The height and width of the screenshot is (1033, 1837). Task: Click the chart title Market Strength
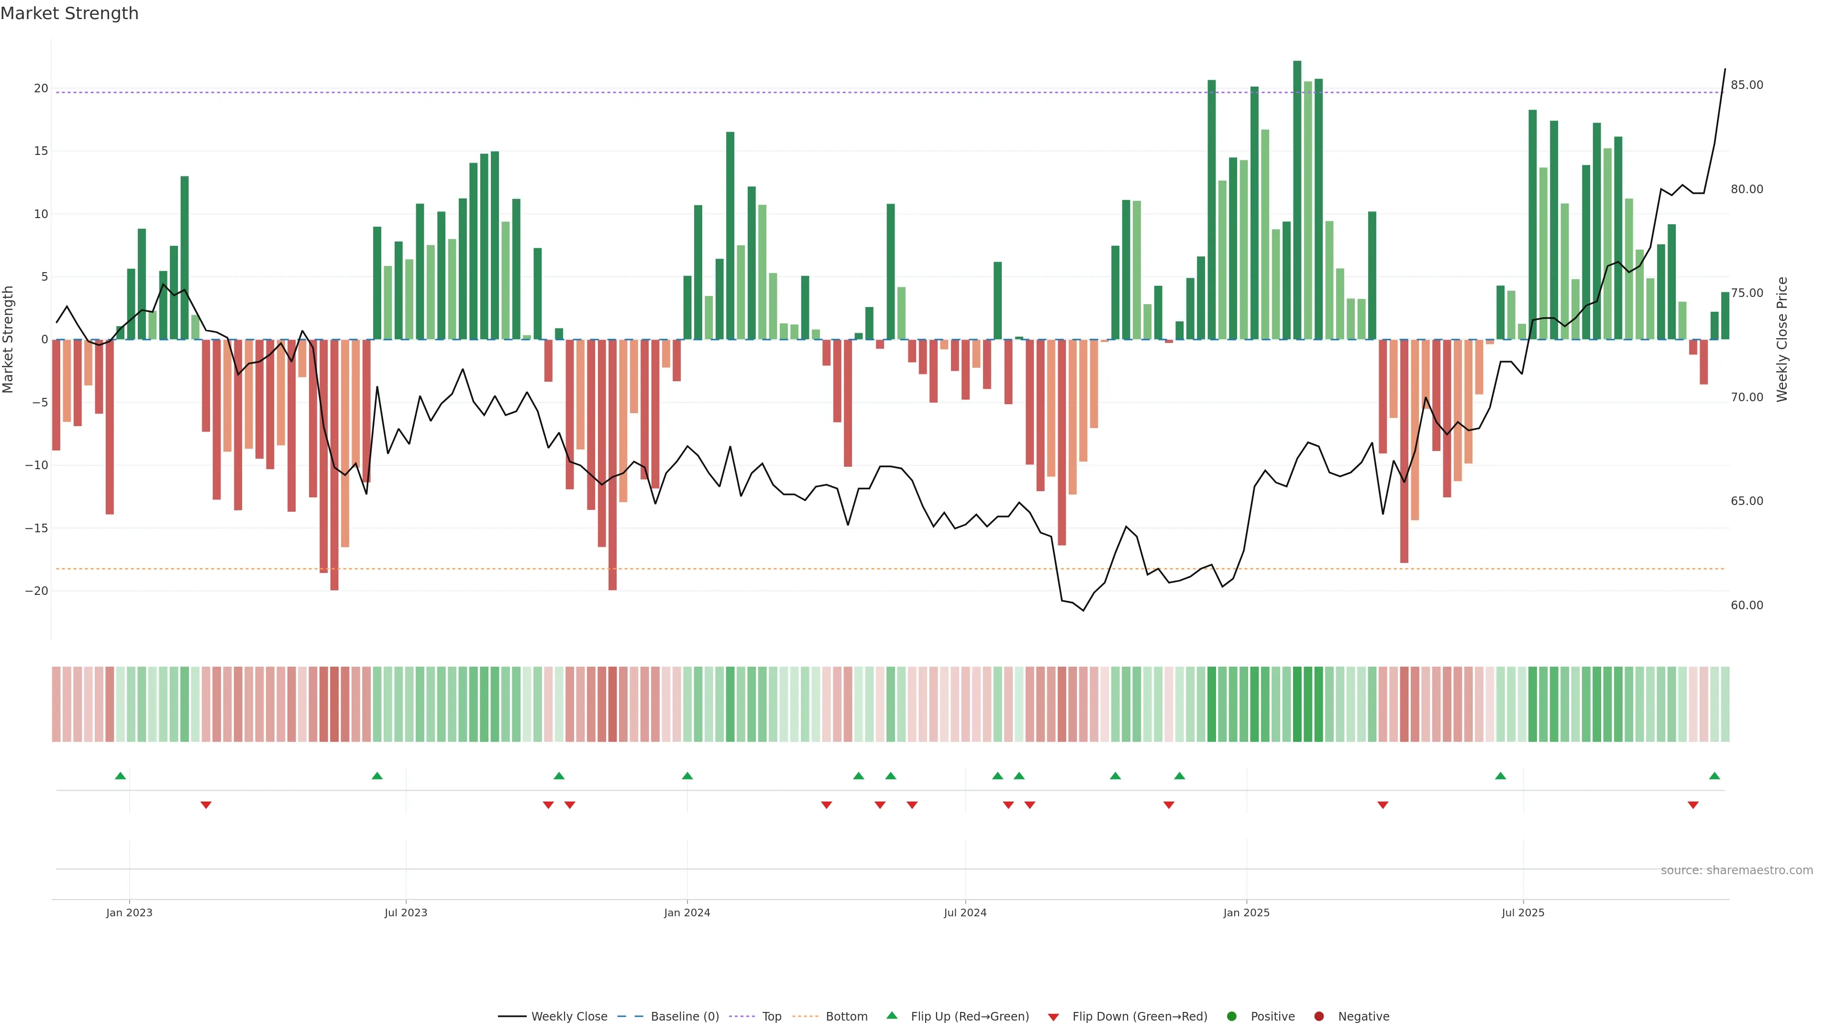[x=69, y=13]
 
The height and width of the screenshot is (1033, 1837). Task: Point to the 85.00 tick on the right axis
[x=1747, y=85]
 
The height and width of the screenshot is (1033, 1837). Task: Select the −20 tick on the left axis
[x=36, y=591]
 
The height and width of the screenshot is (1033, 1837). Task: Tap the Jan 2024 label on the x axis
[x=687, y=912]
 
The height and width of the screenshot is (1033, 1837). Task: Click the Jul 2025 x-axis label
[x=1523, y=912]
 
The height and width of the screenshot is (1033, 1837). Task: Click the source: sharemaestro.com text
[x=1737, y=870]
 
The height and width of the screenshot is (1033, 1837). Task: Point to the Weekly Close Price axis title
[x=1782, y=340]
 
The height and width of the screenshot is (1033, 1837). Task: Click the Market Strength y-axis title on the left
[x=9, y=340]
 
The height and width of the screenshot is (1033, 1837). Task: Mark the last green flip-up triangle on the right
[x=1715, y=776]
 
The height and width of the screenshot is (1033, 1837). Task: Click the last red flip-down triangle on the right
[x=1693, y=805]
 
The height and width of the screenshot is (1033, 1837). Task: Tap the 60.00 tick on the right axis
[x=1747, y=605]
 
